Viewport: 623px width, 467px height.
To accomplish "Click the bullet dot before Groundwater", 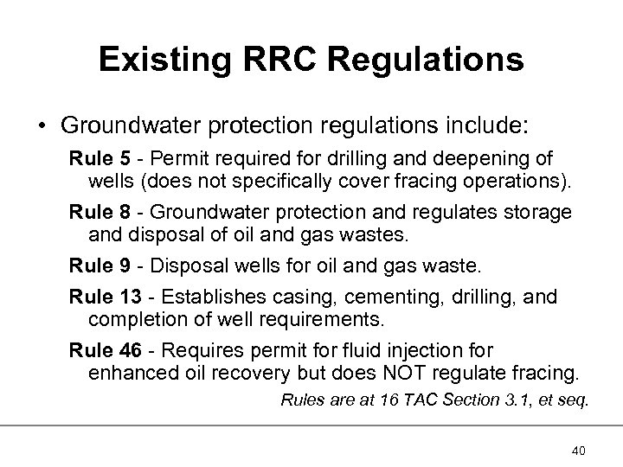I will click(42, 125).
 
